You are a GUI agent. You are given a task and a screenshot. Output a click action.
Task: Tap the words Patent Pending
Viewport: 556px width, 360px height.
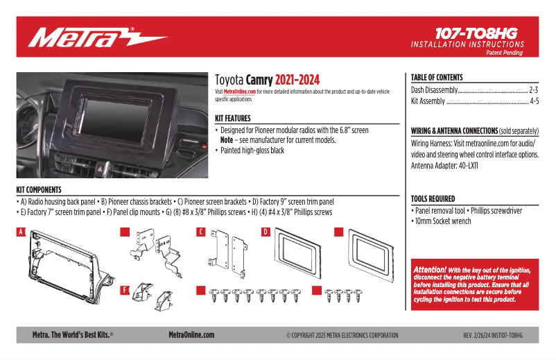click(x=505, y=53)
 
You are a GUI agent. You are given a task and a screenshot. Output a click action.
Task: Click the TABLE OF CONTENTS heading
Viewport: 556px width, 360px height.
click(x=437, y=78)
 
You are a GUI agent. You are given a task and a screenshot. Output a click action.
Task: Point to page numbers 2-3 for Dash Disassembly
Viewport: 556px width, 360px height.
click(x=533, y=90)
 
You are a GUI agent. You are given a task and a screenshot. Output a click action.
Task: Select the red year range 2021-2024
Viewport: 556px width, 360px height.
click(x=297, y=80)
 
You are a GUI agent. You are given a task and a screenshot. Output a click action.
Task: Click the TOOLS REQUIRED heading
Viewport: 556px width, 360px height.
click(x=433, y=198)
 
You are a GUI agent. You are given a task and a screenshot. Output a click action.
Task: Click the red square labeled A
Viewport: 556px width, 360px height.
click(x=21, y=232)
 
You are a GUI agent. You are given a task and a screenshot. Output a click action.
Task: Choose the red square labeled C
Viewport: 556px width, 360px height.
click(x=200, y=232)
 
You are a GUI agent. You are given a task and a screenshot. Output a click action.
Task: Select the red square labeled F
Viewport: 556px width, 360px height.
click(x=125, y=290)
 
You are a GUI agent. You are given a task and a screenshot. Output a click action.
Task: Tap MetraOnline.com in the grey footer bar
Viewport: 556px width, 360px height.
click(x=191, y=335)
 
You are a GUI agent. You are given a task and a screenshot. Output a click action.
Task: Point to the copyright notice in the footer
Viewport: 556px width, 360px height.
click(x=342, y=336)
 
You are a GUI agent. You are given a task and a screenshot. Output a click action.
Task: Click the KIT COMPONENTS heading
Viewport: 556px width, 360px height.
click(x=39, y=189)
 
